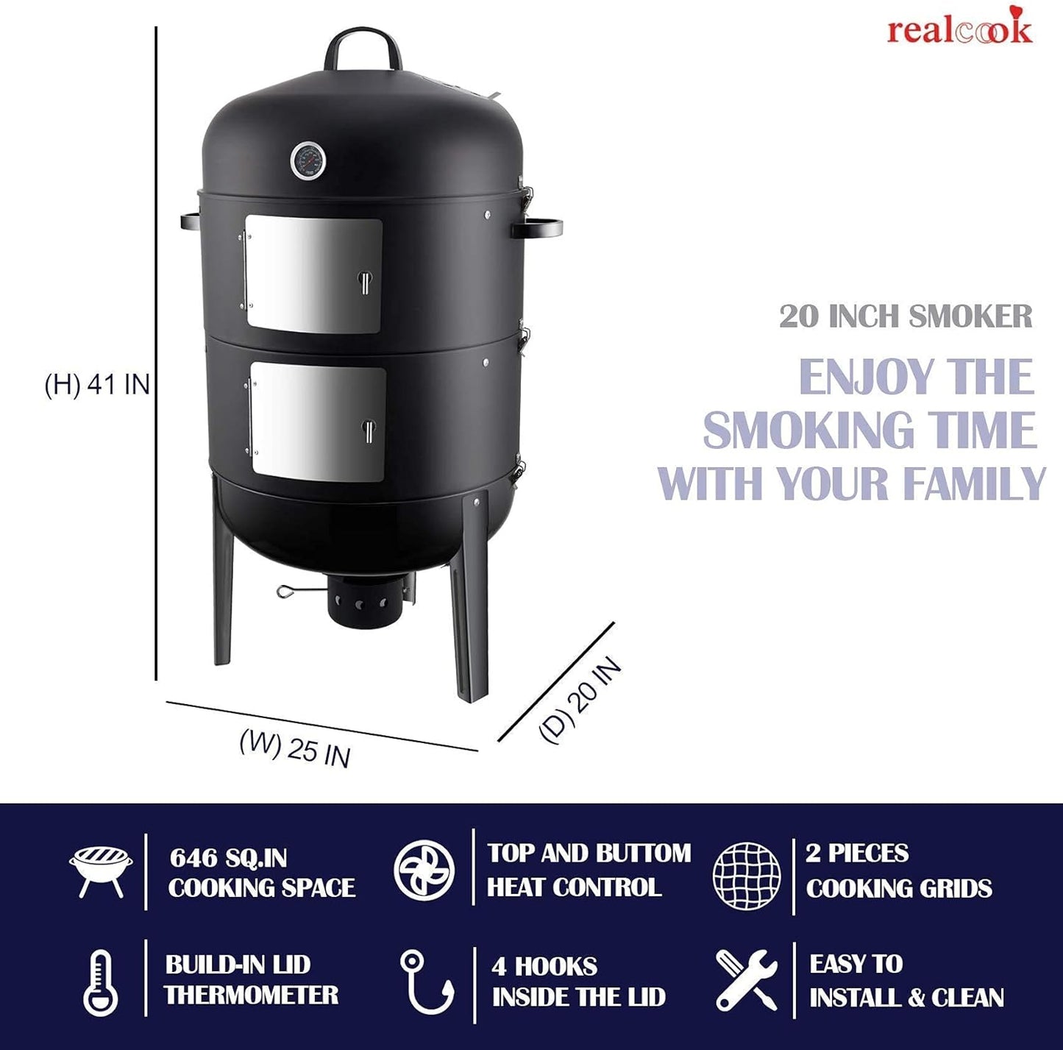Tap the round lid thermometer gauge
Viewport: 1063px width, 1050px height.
pos(307,161)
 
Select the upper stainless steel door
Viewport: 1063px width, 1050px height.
pos(313,274)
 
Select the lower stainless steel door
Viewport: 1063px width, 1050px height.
pos(318,422)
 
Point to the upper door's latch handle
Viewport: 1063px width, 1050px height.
pos(365,283)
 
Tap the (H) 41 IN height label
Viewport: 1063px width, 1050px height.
pos(98,384)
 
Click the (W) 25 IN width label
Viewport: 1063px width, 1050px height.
pos(295,748)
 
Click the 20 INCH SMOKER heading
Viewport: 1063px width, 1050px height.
pos(906,316)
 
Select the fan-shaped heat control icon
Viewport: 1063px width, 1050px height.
pos(424,870)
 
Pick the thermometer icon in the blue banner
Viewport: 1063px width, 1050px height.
pos(100,984)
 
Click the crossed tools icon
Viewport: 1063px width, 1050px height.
pos(746,979)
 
